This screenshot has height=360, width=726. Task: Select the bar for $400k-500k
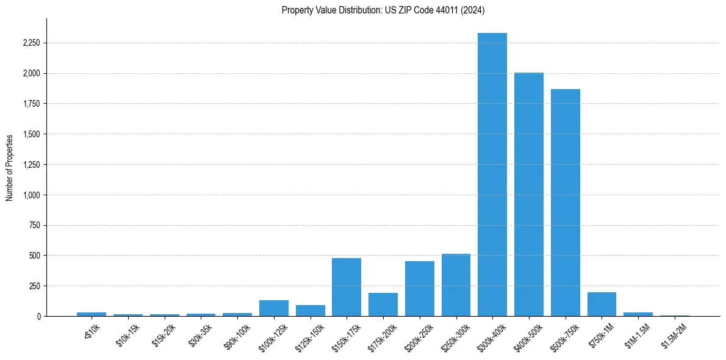pos(529,195)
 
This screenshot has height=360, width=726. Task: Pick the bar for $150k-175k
pos(347,287)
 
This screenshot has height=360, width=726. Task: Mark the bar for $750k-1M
pos(602,304)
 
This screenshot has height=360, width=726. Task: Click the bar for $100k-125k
pos(274,308)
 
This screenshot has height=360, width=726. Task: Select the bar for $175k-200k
pos(383,304)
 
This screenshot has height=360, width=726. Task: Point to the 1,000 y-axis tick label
pos(32,195)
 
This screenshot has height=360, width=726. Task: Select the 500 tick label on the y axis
pos(35,256)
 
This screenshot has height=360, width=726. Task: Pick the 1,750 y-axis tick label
pos(32,104)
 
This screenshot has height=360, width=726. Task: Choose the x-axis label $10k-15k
pos(128,336)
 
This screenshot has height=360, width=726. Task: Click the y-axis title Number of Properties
pos(9,168)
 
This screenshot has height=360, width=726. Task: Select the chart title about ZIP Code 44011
pos(383,10)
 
